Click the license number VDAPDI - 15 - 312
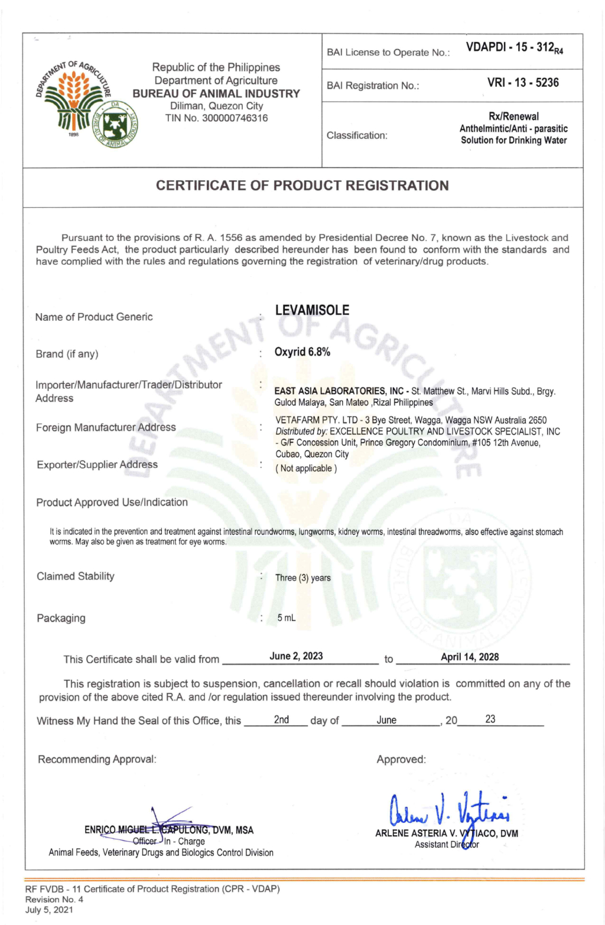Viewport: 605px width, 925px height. pyautogui.click(x=514, y=48)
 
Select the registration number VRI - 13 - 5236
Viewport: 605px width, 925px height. pyautogui.click(x=523, y=83)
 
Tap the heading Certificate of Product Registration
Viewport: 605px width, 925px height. pyautogui.click(x=302, y=185)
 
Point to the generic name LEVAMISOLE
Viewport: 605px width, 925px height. pyautogui.click(x=312, y=310)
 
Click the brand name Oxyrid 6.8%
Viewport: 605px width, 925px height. pyautogui.click(x=302, y=352)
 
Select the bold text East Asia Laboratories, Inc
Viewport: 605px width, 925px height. pyautogui.click(x=339, y=391)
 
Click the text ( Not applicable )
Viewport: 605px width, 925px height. pyautogui.click(x=306, y=468)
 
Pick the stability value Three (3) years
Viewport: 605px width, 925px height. pyautogui.click(x=303, y=578)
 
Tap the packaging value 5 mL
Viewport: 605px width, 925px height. pyautogui.click(x=287, y=618)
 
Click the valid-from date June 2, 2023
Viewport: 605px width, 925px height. pyautogui.click(x=296, y=656)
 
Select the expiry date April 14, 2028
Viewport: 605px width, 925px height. pyautogui.click(x=470, y=657)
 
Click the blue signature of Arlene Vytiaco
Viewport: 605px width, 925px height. pyautogui.click(x=449, y=809)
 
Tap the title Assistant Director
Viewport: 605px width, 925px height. pyautogui.click(x=447, y=845)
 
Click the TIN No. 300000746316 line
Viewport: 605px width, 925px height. pyautogui.click(x=216, y=118)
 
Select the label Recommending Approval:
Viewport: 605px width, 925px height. pyautogui.click(x=97, y=759)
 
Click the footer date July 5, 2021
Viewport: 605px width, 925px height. pyautogui.click(x=49, y=910)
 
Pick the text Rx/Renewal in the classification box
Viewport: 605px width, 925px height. pyautogui.click(x=513, y=116)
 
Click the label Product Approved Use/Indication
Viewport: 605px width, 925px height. pyautogui.click(x=112, y=502)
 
